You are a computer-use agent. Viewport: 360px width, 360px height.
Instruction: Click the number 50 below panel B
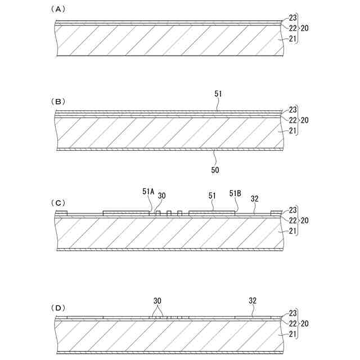click(215, 169)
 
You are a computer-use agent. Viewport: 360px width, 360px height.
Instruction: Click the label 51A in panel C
click(148, 192)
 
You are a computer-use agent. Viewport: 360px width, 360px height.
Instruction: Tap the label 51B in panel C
click(236, 192)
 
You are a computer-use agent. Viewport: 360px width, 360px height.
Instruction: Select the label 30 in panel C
click(162, 195)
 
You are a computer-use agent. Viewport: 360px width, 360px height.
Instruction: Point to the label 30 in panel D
click(158, 300)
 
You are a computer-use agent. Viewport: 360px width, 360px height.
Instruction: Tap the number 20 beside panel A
click(304, 27)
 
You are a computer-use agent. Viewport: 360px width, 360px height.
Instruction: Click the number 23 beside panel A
click(292, 18)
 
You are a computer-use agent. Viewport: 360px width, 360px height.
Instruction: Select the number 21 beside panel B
click(292, 130)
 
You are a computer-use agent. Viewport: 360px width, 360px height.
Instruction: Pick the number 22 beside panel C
click(292, 220)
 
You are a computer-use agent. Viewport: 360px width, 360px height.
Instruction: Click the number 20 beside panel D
click(304, 323)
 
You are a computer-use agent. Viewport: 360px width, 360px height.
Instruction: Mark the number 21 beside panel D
click(292, 334)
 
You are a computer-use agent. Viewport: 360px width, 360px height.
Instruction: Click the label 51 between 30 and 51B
click(212, 196)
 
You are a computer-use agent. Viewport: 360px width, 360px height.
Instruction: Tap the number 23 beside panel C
click(292, 210)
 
